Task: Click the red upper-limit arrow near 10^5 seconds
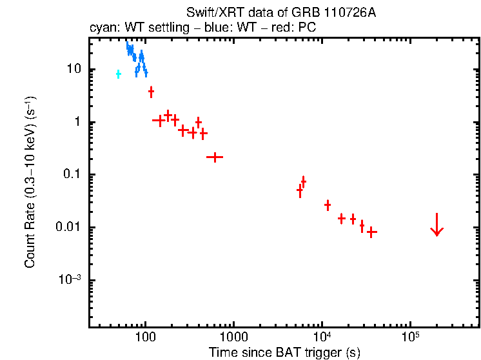pyautogui.click(x=437, y=225)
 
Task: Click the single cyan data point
pyautogui.click(x=118, y=74)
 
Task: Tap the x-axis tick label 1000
pyautogui.click(x=233, y=337)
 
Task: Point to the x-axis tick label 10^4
pyautogui.click(x=322, y=336)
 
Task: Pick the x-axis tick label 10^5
pyautogui.click(x=410, y=336)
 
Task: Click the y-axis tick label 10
pyautogui.click(x=72, y=70)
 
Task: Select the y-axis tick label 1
pyautogui.click(x=76, y=123)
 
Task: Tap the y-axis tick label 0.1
pyautogui.click(x=71, y=175)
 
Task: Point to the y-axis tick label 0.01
pyautogui.click(x=68, y=228)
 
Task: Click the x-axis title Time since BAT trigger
pyautogui.click(x=284, y=352)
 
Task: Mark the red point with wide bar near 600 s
pyautogui.click(x=214, y=157)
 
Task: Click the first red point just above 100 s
pyautogui.click(x=151, y=92)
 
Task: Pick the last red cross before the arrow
pyautogui.click(x=371, y=232)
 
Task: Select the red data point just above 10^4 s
pyautogui.click(x=328, y=205)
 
